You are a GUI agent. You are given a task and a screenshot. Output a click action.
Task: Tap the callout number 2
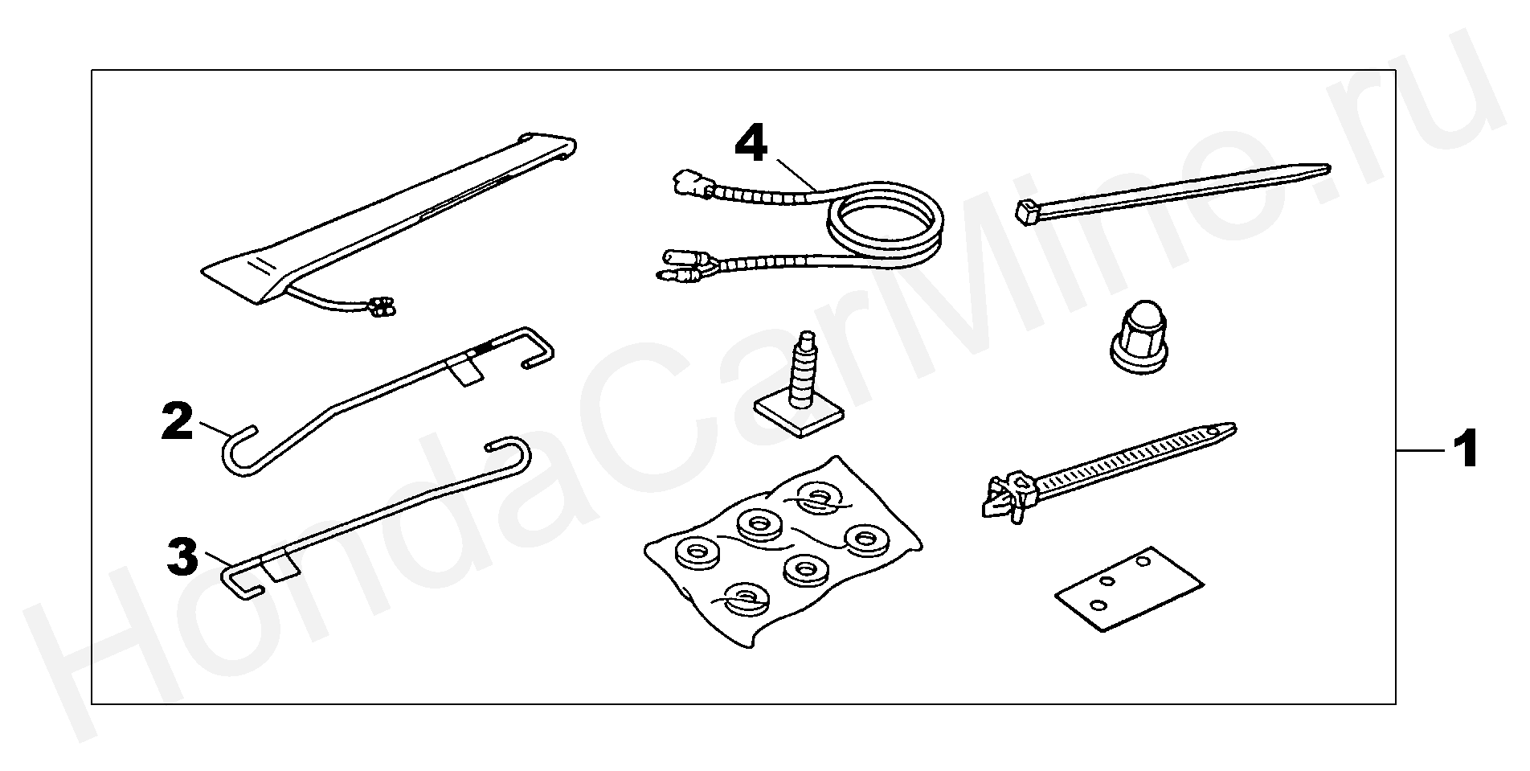pos(177,421)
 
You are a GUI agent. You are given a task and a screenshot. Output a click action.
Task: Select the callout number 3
pos(182,557)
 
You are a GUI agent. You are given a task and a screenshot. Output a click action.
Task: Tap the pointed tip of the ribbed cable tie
pos(1231,429)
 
